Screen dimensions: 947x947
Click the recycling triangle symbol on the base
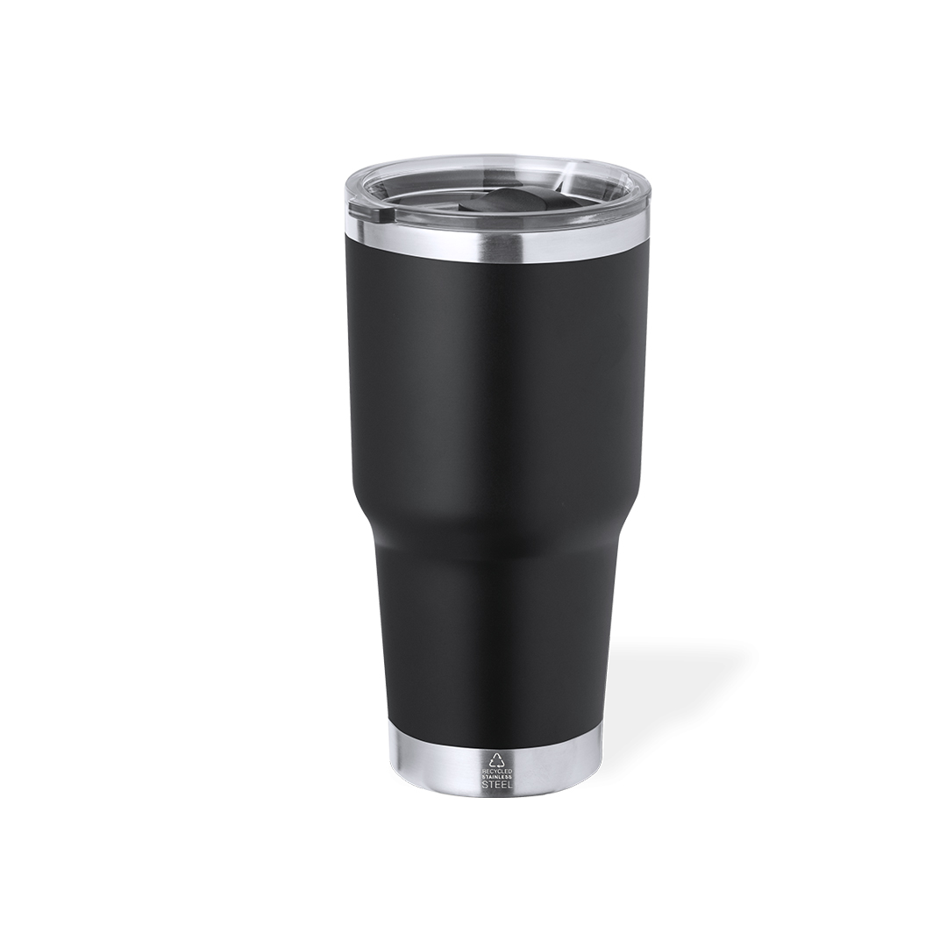point(496,759)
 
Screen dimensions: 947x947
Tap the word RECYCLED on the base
point(496,770)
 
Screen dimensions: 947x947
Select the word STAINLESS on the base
point(496,777)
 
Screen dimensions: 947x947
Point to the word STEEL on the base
point(496,785)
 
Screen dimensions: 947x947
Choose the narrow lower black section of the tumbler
point(495,640)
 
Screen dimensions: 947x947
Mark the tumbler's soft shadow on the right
point(675,693)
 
